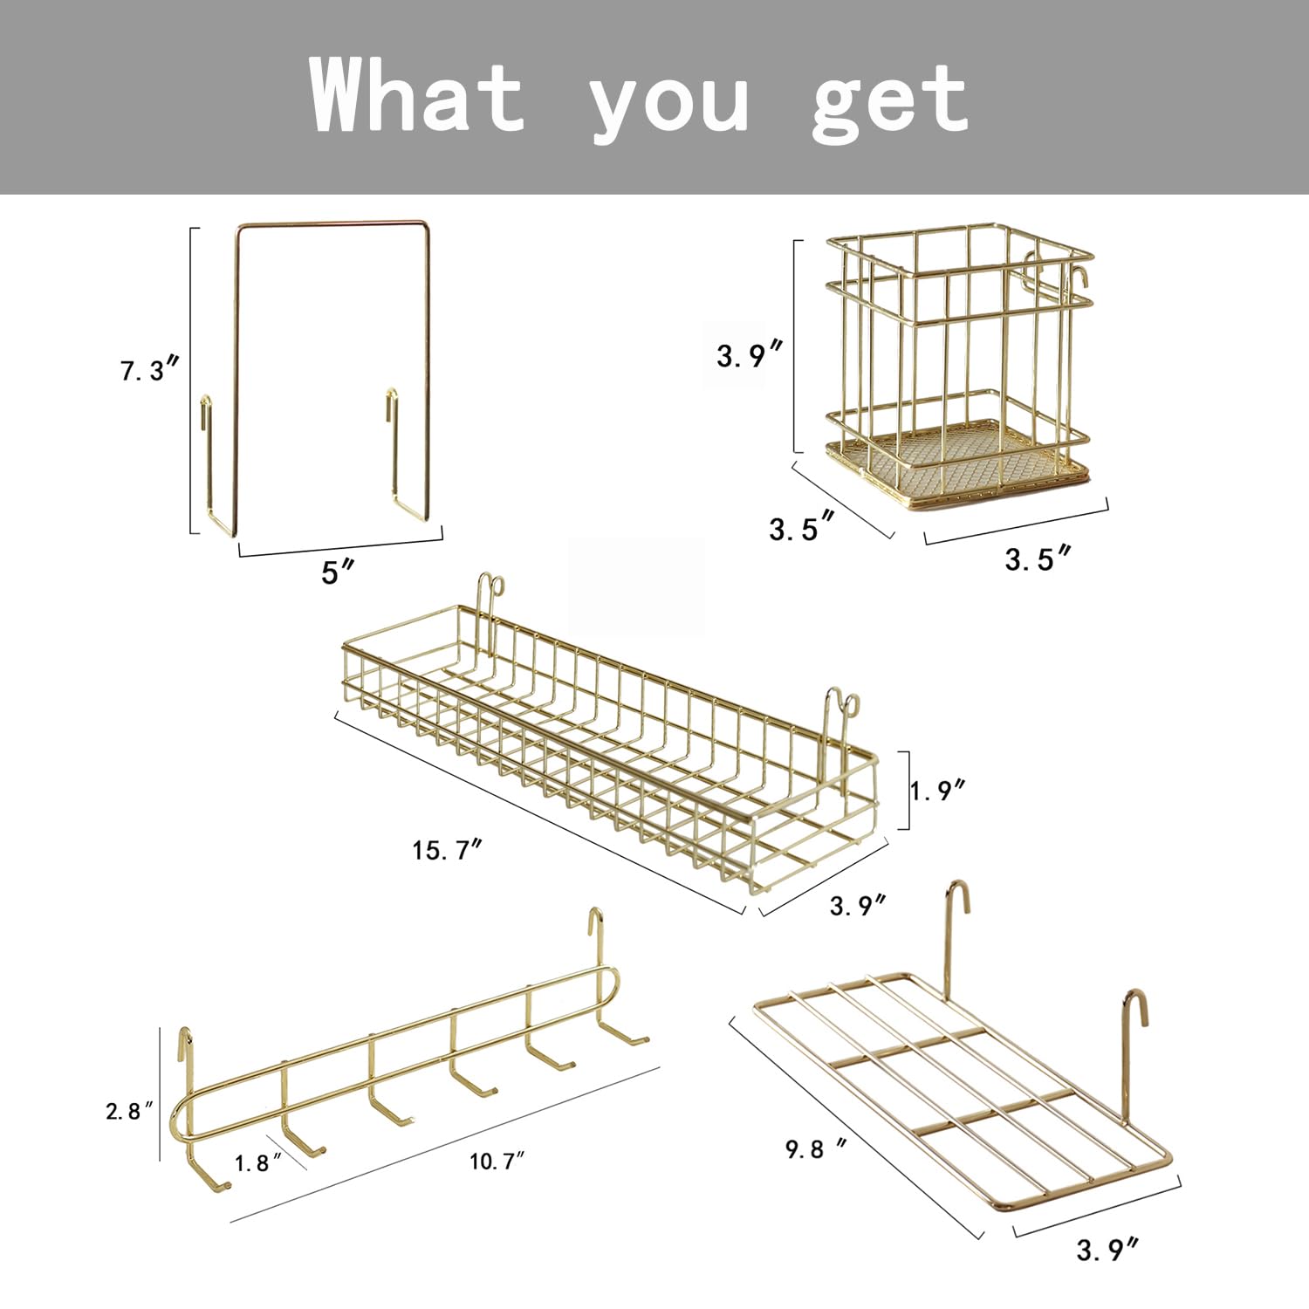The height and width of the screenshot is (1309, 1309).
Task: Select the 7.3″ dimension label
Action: [149, 370]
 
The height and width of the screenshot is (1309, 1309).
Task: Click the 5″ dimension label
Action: [339, 572]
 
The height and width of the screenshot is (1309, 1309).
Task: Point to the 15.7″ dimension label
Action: [447, 849]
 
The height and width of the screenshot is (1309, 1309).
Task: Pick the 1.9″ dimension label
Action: [938, 790]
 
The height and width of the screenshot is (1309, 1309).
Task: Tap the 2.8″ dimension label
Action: [129, 1111]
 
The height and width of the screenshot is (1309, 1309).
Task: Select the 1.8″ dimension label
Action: [257, 1162]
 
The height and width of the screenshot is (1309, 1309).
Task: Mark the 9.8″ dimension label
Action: [816, 1148]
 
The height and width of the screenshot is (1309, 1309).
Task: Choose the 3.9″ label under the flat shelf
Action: [1107, 1250]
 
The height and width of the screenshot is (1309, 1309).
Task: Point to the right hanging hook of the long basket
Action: [841, 707]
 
